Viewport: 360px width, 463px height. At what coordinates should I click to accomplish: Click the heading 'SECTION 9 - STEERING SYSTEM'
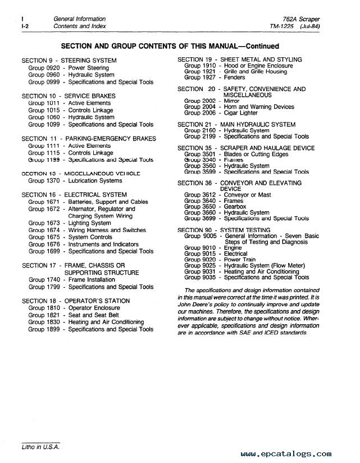coord(69,61)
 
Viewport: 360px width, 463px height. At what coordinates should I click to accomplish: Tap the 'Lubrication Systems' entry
coord(95,181)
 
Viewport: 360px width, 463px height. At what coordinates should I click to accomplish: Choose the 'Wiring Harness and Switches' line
coord(107,230)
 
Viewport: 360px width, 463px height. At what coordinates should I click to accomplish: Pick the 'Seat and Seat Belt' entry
coord(94,315)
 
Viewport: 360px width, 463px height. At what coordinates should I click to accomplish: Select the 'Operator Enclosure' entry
coord(94,308)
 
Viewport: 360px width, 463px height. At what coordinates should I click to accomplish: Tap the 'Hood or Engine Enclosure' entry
coord(258,66)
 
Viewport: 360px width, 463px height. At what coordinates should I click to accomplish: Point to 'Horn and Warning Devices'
coord(259,107)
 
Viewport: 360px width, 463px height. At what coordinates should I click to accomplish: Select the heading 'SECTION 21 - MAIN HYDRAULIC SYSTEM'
coord(236,125)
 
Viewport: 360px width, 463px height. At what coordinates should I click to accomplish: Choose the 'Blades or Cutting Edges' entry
coord(256,154)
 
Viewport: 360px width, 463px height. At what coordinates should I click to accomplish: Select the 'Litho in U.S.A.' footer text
coord(37,447)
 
